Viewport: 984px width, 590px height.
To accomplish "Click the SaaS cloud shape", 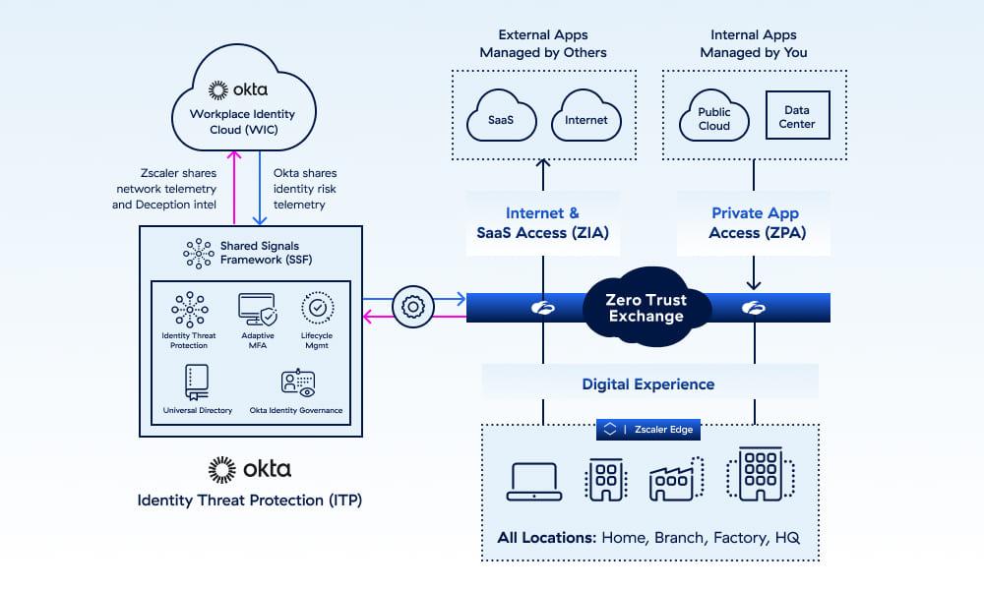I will pyautogui.click(x=501, y=118).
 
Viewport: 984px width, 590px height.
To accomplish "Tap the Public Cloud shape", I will pyautogui.click(x=714, y=118).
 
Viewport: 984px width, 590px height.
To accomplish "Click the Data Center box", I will pyautogui.click(x=797, y=117).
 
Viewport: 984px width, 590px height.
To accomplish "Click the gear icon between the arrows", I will pyautogui.click(x=413, y=307).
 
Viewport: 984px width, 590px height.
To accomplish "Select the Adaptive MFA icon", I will pyautogui.click(x=258, y=309).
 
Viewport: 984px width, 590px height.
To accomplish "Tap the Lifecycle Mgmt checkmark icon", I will pyautogui.click(x=317, y=308).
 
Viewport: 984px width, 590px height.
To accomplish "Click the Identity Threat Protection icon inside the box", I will pyautogui.click(x=189, y=309).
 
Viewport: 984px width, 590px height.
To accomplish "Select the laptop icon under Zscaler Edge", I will pyautogui.click(x=532, y=482).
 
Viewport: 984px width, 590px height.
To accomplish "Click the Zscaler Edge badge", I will pyautogui.click(x=648, y=430).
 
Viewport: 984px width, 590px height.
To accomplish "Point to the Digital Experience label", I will pyautogui.click(x=648, y=383).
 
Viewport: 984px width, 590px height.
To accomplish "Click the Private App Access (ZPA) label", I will pyautogui.click(x=755, y=222).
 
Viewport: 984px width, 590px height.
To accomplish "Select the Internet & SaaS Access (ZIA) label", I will pyautogui.click(x=542, y=222).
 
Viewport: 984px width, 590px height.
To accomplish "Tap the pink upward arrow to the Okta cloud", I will pyautogui.click(x=234, y=187).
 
